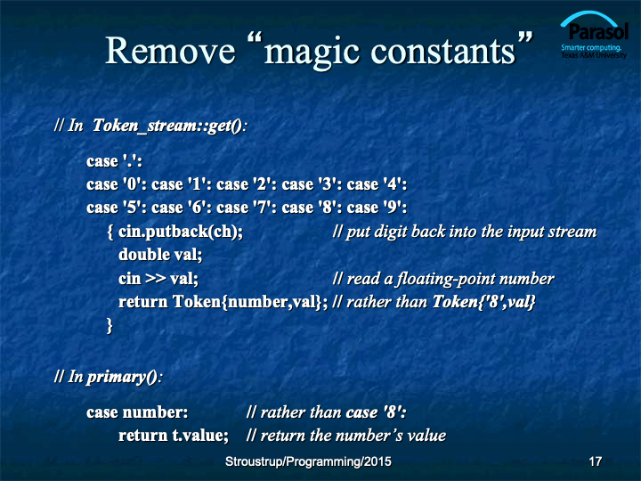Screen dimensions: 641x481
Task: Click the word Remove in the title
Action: tap(170, 51)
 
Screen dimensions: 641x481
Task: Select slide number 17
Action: tap(596, 461)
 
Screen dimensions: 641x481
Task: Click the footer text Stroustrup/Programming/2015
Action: tap(308, 461)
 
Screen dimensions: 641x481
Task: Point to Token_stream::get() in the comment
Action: tap(167, 126)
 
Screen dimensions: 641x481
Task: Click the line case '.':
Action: tap(115, 160)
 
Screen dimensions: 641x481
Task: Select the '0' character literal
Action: tap(132, 184)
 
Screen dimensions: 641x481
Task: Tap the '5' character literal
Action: tap(132, 208)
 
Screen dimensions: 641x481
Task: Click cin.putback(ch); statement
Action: tap(181, 232)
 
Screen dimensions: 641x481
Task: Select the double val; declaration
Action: tap(160, 255)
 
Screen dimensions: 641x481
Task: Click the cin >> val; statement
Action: tap(158, 279)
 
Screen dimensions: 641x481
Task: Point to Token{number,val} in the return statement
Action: tap(247, 302)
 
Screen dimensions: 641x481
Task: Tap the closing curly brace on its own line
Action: tap(110, 326)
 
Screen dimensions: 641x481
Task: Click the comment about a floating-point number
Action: tap(443, 279)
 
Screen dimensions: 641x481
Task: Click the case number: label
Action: tap(137, 412)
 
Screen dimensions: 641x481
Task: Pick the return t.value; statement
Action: tap(174, 436)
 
